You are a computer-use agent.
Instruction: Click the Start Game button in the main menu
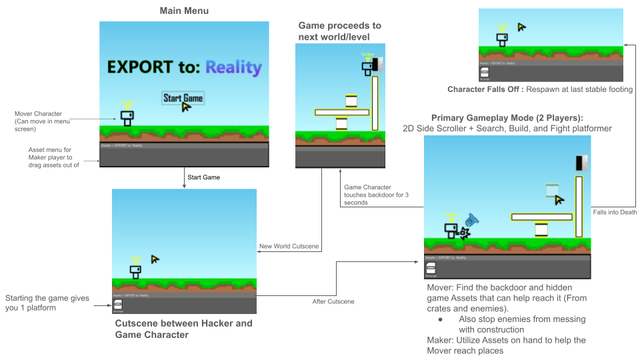183,99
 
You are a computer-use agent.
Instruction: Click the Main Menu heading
185,11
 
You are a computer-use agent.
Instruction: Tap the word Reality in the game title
233,67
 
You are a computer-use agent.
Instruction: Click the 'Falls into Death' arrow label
615,212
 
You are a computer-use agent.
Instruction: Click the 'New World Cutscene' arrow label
289,247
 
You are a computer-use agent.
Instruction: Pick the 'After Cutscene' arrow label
334,301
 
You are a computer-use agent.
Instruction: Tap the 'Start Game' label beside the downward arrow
203,177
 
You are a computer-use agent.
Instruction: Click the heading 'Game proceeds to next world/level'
339,31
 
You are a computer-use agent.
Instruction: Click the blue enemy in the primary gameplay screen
472,219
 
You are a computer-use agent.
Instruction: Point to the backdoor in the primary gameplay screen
581,163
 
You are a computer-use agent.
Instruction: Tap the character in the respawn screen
502,39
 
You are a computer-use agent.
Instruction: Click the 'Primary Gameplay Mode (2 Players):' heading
507,117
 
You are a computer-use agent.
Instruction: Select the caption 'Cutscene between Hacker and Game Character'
183,329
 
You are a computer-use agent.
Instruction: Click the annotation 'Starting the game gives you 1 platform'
47,303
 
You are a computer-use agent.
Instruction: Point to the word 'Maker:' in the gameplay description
440,340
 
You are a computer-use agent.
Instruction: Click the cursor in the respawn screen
522,27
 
